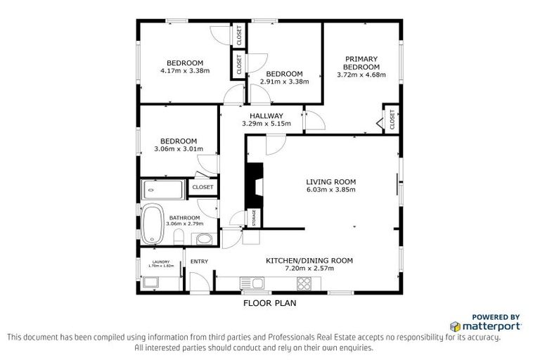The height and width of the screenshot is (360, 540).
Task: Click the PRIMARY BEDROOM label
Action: point(361,63)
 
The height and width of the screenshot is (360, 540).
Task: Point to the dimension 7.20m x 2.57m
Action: point(309,269)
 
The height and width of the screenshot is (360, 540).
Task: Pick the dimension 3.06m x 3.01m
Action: point(178,149)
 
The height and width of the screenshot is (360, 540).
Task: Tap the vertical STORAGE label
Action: point(252,218)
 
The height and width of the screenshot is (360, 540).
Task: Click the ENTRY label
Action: point(200,262)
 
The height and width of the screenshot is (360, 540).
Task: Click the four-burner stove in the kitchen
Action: point(305,283)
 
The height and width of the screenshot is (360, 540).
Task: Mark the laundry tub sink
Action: point(150,283)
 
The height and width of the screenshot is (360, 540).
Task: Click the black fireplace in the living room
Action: point(253,184)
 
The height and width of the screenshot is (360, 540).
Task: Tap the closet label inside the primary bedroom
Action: point(392,119)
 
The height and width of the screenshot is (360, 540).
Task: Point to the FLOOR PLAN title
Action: point(269,304)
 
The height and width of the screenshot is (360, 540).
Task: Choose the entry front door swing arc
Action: point(199,281)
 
